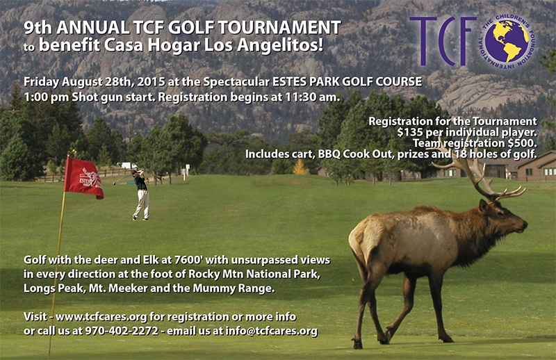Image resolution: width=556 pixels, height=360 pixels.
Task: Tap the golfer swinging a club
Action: [141, 195]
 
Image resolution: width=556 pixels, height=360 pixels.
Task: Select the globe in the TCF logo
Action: [507, 41]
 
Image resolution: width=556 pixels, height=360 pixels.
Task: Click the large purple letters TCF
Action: [443, 41]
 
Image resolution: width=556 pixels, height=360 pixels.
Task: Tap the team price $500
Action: [521, 143]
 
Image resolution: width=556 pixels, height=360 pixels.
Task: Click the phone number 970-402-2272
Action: [122, 331]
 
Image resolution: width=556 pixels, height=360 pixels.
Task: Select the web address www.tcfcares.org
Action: [101, 316]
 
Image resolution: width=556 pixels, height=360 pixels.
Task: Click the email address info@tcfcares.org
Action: [271, 331]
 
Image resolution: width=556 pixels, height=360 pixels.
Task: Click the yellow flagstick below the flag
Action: [57, 270]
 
